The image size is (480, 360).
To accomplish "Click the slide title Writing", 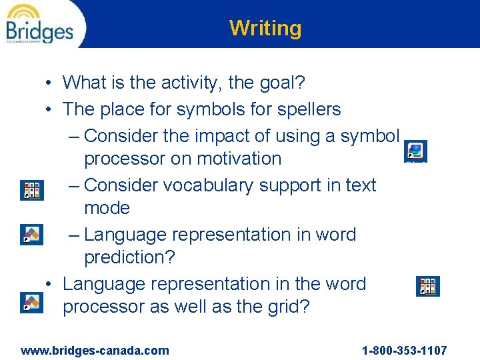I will tap(265, 28).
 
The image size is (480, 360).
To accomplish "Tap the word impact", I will tap(223, 136).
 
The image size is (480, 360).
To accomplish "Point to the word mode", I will tap(107, 208).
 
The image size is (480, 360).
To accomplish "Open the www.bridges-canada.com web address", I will tap(95, 351).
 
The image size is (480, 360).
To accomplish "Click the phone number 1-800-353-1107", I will tap(404, 351).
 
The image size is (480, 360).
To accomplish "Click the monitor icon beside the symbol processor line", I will tap(415, 151).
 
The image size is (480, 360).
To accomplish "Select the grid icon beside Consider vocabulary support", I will tap(31, 190).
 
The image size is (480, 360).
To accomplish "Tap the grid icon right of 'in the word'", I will tap(427, 286).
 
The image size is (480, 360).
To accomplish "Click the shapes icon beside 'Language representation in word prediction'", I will tap(31, 235).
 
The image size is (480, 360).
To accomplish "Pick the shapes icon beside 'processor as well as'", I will tap(31, 302).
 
